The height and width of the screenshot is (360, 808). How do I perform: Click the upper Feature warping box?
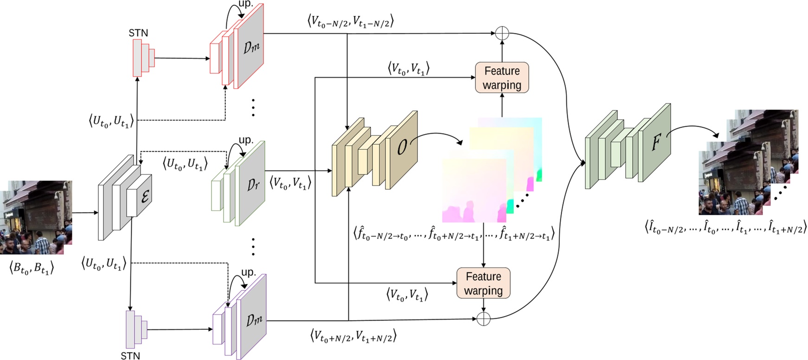click(x=502, y=77)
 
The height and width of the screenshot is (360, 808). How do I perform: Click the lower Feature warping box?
click(x=483, y=283)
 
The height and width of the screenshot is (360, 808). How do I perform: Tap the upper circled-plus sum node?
click(x=502, y=33)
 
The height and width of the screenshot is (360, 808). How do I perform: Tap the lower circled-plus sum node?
click(x=484, y=319)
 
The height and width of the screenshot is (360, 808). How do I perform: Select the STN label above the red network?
click(x=138, y=33)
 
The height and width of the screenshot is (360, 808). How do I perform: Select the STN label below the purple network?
click(x=130, y=356)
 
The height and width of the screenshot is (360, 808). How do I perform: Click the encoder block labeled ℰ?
click(x=125, y=197)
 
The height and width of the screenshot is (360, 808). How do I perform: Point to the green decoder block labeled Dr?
click(x=238, y=183)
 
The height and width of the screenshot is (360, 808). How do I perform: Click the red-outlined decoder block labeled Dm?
click(x=237, y=45)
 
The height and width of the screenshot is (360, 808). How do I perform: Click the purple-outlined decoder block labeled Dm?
click(x=240, y=317)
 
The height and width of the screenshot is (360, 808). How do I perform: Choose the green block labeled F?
click(x=628, y=146)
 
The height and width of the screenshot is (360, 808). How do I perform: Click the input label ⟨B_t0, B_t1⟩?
click(x=32, y=268)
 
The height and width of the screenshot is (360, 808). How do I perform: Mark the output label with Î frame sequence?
click(x=725, y=227)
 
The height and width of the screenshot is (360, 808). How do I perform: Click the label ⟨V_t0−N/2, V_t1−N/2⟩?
click(x=351, y=21)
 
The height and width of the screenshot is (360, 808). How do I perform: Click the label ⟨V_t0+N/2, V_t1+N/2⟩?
click(x=353, y=336)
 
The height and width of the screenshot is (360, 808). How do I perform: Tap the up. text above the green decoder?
click(x=246, y=140)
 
